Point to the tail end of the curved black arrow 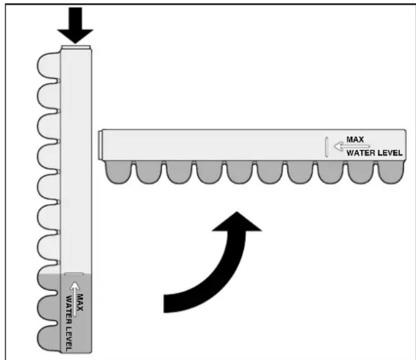pos(164,303)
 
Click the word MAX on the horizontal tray pos(355,139)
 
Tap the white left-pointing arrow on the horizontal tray pos(352,146)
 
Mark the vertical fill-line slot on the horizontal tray pos(327,147)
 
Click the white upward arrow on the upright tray pos(75,299)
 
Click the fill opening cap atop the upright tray pos(76,48)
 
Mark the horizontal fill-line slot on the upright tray pos(74,274)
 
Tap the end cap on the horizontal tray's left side pos(101,145)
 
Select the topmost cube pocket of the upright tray pos(49,66)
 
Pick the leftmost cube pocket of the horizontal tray pos(118,172)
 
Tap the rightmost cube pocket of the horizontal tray pos(391,172)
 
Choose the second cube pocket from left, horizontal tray pos(148,172)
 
